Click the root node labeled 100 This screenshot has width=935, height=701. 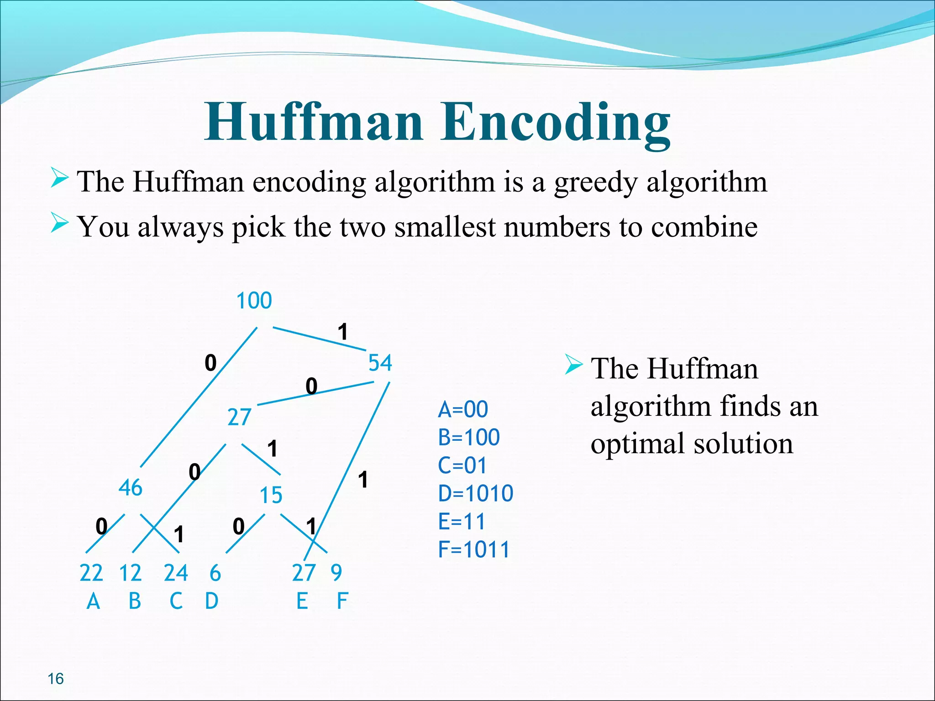[254, 301]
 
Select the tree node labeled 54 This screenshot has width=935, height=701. [380, 363]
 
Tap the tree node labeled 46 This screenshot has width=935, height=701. [130, 488]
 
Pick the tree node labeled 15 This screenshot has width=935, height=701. [271, 495]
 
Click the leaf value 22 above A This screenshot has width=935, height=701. [91, 573]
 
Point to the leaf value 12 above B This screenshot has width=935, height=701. [130, 573]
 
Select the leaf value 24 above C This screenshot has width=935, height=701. [176, 573]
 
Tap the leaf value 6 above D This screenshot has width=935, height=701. [215, 573]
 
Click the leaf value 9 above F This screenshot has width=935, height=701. [336, 573]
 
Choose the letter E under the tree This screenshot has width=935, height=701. [302, 601]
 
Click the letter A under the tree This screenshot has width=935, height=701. [93, 602]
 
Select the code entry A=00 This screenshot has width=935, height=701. [463, 409]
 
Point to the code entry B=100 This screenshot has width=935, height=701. [469, 437]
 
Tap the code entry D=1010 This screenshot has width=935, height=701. [475, 493]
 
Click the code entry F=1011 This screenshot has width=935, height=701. [473, 549]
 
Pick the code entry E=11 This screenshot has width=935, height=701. [461, 521]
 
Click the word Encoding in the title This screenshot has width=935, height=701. [555, 122]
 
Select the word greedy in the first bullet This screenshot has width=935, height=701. [595, 183]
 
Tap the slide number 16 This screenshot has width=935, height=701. [56, 679]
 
